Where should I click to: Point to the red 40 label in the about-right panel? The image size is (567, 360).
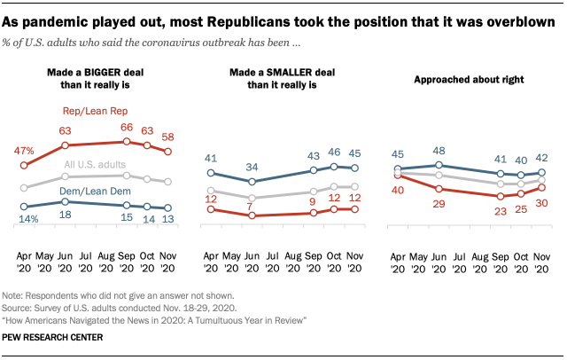pyautogui.click(x=400, y=189)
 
